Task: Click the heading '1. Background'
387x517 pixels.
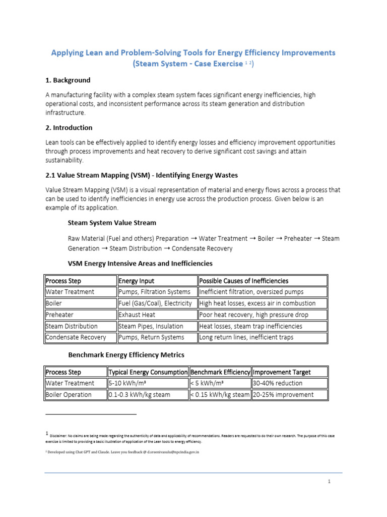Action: (x=68, y=80)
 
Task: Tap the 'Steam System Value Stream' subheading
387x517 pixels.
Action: (x=112, y=223)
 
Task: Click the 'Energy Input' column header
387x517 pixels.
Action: (x=137, y=281)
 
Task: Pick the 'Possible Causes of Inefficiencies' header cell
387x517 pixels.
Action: (x=244, y=281)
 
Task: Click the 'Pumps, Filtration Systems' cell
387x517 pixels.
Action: (x=155, y=292)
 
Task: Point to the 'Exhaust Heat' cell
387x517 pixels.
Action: (x=137, y=315)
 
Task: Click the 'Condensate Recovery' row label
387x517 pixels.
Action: (x=76, y=337)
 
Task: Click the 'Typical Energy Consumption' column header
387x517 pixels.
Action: (x=148, y=372)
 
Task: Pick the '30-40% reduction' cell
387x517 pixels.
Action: (x=278, y=383)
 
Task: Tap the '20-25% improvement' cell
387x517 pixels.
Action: (x=283, y=395)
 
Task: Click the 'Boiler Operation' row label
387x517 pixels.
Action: (x=69, y=395)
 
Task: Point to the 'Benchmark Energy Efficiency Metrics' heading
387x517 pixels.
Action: (x=126, y=355)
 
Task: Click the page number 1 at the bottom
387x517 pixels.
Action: (x=329, y=482)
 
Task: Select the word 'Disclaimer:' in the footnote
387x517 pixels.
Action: (x=59, y=435)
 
